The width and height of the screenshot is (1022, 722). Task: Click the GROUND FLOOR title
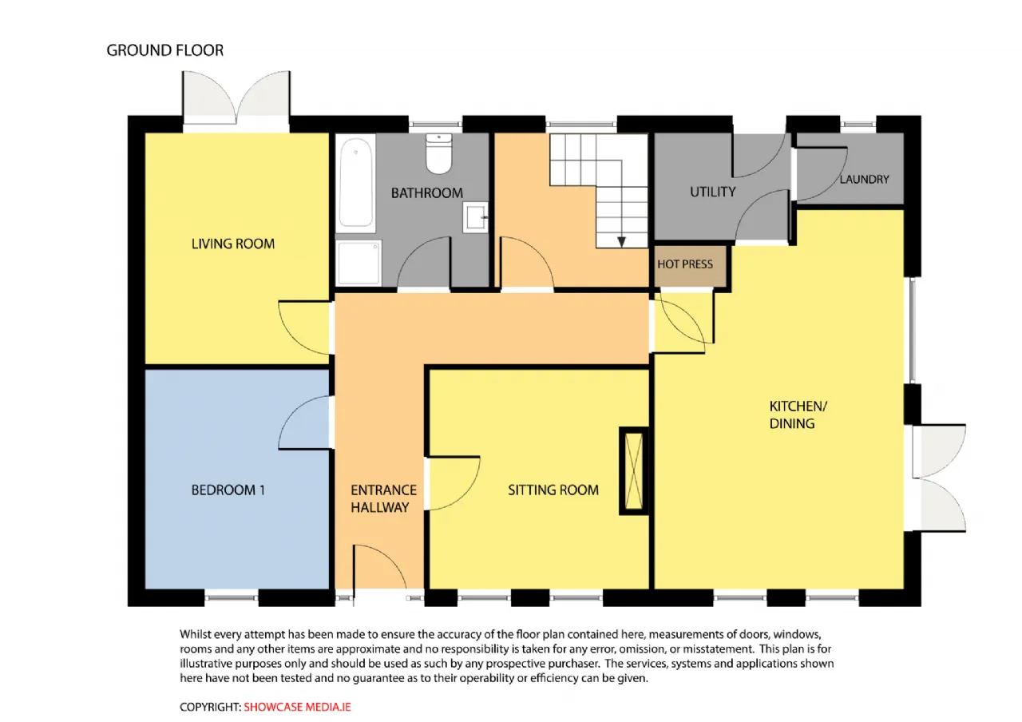[165, 50]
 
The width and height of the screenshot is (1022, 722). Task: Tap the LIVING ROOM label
[233, 244]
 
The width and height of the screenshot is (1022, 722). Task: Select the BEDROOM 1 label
[228, 490]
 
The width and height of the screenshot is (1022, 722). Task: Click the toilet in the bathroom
[438, 154]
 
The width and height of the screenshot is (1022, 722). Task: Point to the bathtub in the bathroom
[356, 183]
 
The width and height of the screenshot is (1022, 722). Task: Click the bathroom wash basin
[475, 217]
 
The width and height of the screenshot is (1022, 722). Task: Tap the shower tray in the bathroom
[358, 264]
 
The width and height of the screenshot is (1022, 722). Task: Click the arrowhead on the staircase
[621, 241]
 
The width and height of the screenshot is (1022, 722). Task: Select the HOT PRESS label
[685, 264]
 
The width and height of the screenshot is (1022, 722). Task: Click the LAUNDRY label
[865, 180]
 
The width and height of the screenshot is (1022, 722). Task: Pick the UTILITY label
[713, 192]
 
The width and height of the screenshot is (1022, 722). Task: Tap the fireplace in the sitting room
[634, 471]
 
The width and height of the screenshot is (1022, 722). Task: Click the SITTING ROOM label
[553, 490]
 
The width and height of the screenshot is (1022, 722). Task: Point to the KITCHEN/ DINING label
[798, 415]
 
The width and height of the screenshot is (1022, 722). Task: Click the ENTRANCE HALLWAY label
[383, 499]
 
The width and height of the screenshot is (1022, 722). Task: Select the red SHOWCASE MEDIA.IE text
[297, 707]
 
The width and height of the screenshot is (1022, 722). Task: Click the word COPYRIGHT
[210, 707]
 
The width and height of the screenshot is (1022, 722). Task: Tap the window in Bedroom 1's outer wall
[232, 597]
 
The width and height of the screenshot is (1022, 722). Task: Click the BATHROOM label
[427, 193]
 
